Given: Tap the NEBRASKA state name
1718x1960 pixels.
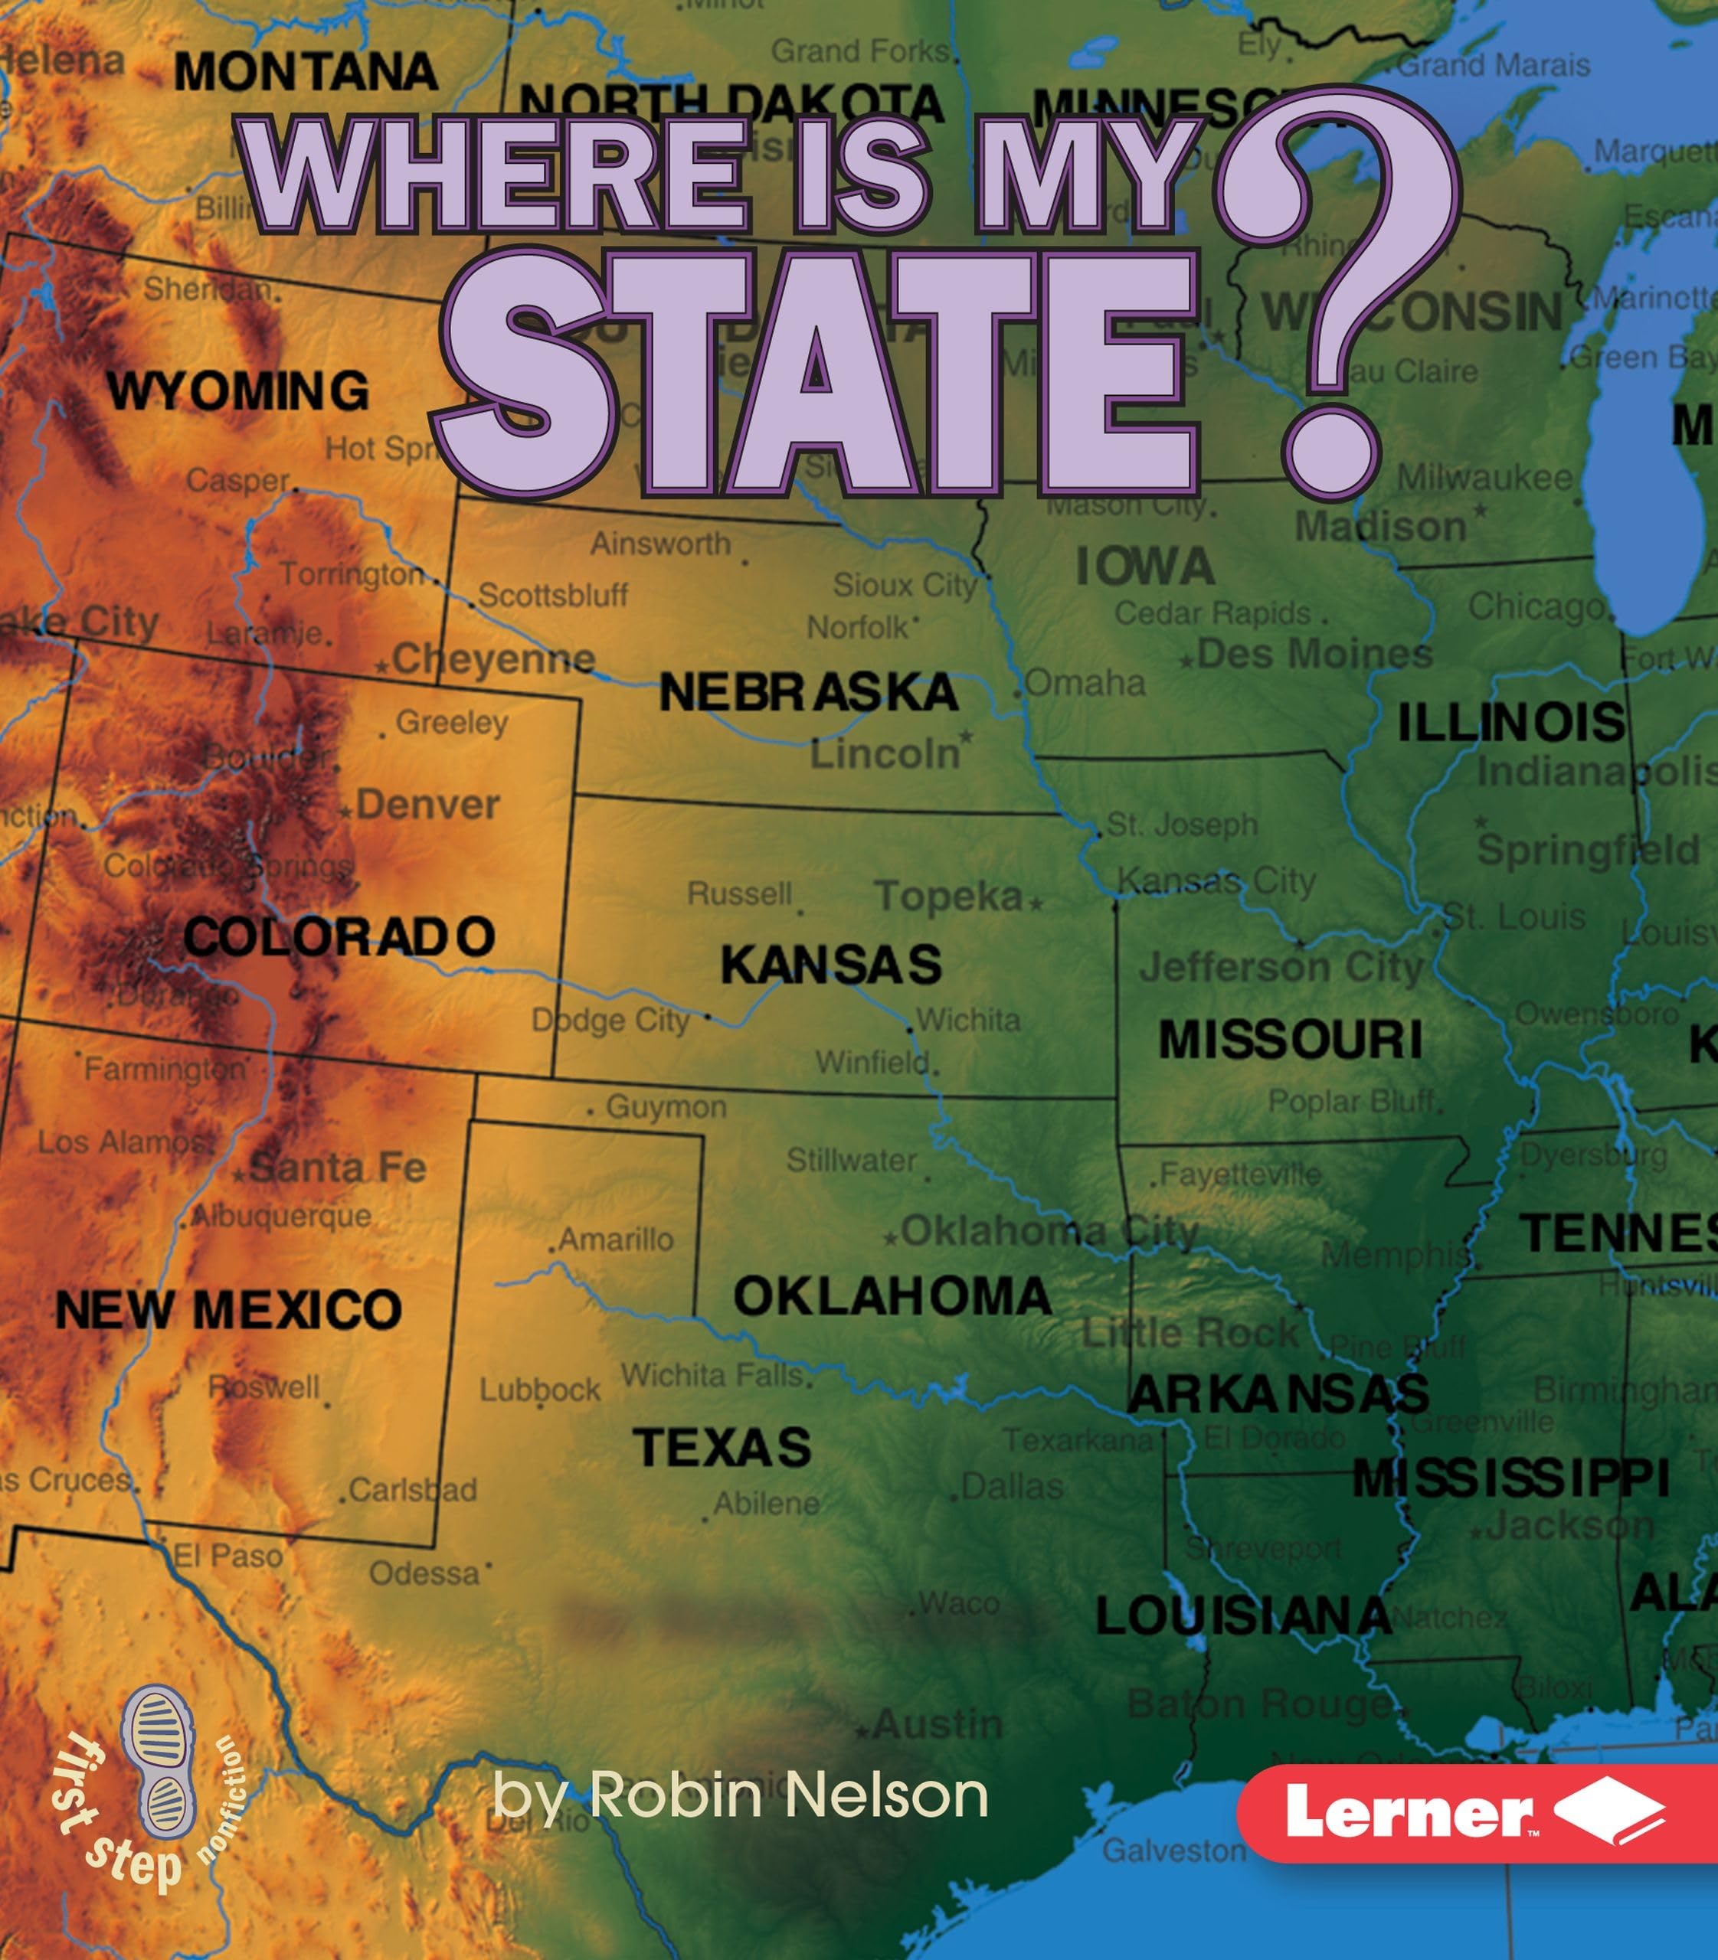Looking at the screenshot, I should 808,692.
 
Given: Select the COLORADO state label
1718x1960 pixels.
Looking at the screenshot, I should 339,936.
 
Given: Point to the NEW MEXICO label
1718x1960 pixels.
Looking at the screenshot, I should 228,1309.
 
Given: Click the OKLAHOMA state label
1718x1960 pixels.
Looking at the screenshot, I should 892,1297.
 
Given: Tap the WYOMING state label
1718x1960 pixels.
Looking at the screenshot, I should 237,391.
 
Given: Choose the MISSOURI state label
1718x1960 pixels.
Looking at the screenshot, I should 1290,1040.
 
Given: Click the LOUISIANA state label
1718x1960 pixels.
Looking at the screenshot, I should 1242,1617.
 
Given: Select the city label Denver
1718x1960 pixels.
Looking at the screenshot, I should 427,805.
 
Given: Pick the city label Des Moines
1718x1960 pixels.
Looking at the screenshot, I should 1314,654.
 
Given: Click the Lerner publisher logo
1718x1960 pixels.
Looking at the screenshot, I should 1477,1812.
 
